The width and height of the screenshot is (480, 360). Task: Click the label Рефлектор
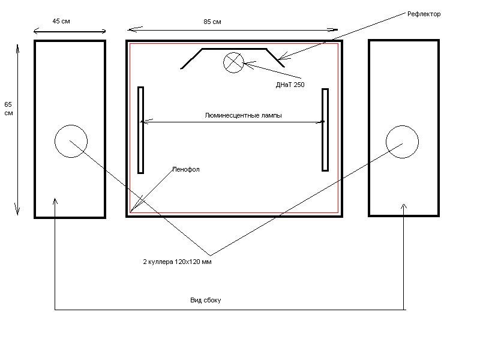click(x=424, y=14)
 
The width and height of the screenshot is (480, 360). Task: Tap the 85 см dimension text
click(x=212, y=22)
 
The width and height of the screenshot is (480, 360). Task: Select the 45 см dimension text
click(x=61, y=21)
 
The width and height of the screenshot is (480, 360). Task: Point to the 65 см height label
click(x=8, y=109)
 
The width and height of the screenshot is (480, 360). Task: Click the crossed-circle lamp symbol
click(x=233, y=62)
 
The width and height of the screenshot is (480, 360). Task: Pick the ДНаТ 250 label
click(x=290, y=85)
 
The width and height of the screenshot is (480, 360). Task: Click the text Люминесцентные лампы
click(x=243, y=115)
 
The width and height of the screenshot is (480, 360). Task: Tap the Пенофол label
click(x=186, y=169)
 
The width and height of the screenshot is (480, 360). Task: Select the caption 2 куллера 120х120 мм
click(x=177, y=262)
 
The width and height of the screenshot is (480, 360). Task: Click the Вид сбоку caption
click(x=205, y=300)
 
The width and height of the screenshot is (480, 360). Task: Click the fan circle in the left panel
click(x=71, y=125)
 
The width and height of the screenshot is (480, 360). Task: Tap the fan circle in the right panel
click(x=402, y=125)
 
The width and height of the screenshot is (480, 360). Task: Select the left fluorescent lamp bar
click(x=140, y=130)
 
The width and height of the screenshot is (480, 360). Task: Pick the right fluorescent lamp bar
click(x=325, y=130)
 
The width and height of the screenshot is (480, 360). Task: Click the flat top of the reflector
click(x=234, y=49)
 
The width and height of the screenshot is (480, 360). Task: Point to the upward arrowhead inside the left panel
click(x=55, y=201)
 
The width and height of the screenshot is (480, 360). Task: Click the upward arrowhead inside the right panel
click(x=404, y=206)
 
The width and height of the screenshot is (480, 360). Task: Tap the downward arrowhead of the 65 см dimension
click(x=17, y=211)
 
